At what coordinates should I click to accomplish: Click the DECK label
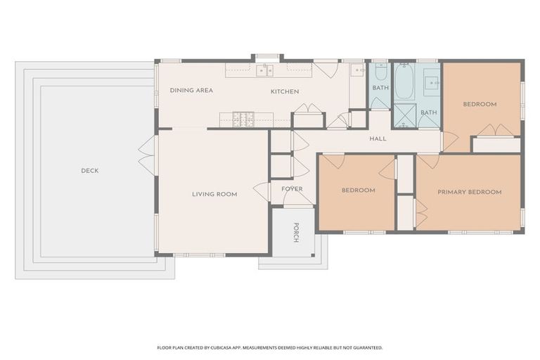coord(89,171)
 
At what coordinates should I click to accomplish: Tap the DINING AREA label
coord(191,91)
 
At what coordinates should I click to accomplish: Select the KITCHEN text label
coord(285,91)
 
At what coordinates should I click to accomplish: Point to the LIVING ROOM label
coord(214,194)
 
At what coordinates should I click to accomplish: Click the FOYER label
coord(292,189)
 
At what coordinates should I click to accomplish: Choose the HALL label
coord(378,139)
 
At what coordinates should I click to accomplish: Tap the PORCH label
coord(296,233)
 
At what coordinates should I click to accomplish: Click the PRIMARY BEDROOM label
coord(469,192)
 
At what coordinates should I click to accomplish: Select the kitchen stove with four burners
coord(243,120)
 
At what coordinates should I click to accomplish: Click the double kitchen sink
coord(265,70)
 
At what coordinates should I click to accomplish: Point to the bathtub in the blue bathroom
coord(404,81)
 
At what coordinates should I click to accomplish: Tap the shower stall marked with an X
coord(404,115)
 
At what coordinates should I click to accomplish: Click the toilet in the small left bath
coord(380,72)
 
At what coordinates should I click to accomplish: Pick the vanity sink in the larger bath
coord(430,83)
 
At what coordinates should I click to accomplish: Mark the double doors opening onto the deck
coord(148,155)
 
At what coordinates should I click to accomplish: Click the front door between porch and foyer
coord(297,200)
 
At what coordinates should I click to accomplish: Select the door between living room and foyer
coord(262,191)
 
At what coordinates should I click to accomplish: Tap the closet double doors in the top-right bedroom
coord(496,130)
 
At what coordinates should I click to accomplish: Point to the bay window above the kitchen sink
coord(266,57)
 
